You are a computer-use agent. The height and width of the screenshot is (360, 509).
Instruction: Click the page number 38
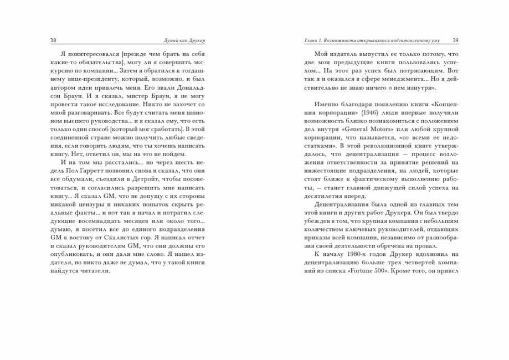53,40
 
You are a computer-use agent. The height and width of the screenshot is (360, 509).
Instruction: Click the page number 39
455,40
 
